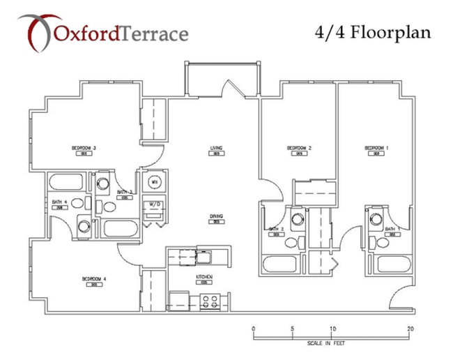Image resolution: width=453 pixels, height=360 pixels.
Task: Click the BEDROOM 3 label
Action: pos(84,148)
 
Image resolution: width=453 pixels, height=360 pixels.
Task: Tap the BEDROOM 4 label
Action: pos(93,279)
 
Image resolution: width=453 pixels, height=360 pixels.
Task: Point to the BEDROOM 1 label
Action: pos(375,148)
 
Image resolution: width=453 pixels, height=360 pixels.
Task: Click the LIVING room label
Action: pos(216,148)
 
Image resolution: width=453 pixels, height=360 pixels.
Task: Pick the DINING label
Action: pos(216,217)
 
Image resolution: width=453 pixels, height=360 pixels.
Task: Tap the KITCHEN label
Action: pos(204,278)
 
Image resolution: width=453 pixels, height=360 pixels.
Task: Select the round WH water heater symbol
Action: pos(155,183)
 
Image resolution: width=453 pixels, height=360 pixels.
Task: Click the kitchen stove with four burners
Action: pos(210,302)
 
